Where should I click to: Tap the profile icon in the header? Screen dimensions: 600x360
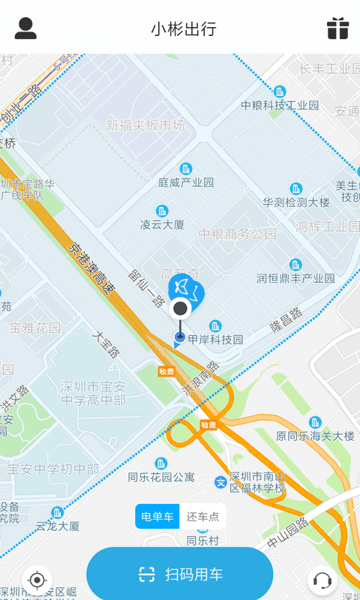tap(25, 28)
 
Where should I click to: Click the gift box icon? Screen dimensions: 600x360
tap(337, 28)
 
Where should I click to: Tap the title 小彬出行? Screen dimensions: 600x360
tap(184, 29)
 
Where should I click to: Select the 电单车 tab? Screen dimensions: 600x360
tap(158, 517)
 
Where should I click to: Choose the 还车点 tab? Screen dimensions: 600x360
tap(202, 517)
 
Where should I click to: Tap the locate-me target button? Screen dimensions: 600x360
tap(37, 580)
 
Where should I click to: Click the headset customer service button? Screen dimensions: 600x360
tap(322, 580)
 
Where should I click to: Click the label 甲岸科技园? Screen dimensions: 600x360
tap(215, 339)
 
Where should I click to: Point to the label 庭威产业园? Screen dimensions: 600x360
tap(186, 182)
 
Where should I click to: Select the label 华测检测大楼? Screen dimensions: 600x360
tap(296, 202)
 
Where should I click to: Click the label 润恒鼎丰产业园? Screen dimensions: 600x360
tap(295, 278)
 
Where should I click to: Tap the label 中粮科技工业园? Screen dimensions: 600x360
tap(280, 105)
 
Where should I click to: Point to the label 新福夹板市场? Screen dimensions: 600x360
tap(145, 125)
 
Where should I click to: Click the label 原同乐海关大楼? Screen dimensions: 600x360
tap(315, 436)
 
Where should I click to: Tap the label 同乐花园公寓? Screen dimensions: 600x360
tap(161, 476)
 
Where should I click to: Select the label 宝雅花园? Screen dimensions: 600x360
tap(35, 328)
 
